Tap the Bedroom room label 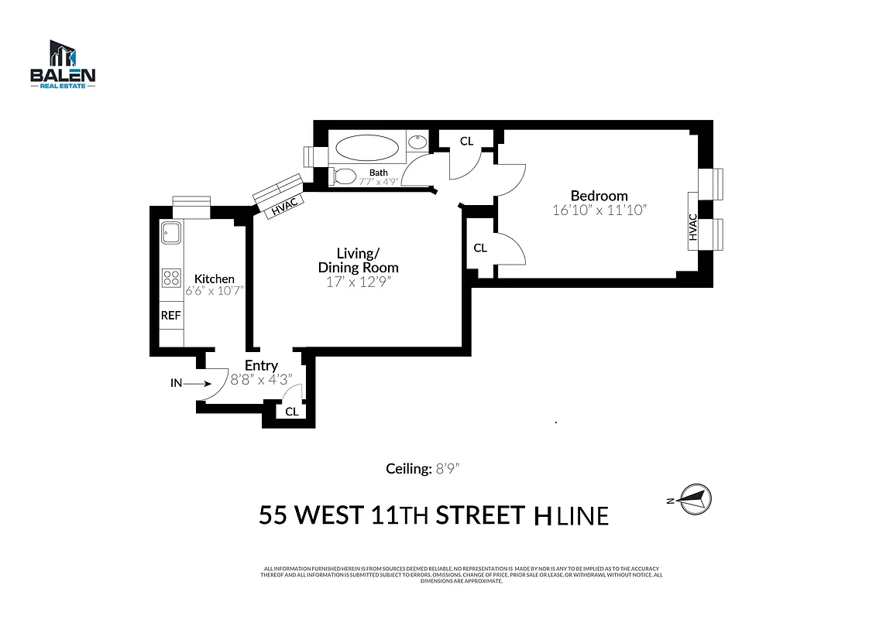click(599, 196)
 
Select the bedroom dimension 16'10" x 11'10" click(599, 210)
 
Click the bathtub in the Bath click(368, 148)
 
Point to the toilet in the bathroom click(343, 176)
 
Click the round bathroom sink click(417, 142)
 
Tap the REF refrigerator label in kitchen click(170, 316)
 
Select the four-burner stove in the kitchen click(170, 277)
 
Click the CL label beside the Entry click(291, 412)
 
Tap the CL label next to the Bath click(466, 141)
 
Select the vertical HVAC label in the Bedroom click(693, 227)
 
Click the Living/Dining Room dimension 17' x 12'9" click(358, 282)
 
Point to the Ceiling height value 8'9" click(448, 469)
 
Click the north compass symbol click(694, 498)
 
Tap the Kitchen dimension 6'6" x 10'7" click(214, 292)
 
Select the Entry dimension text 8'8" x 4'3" click(261, 379)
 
